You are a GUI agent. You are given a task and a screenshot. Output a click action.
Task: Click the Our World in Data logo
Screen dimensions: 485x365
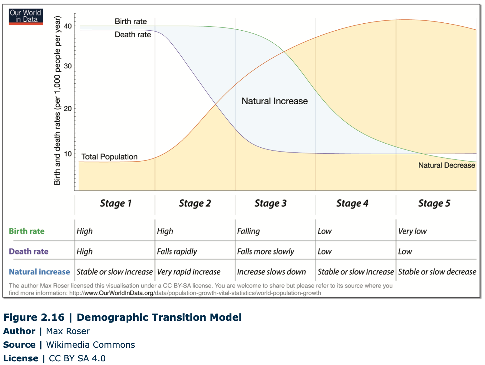pyautogui.click(x=26, y=17)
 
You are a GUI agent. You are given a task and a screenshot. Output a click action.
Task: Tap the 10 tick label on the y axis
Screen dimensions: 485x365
pyautogui.click(x=68, y=154)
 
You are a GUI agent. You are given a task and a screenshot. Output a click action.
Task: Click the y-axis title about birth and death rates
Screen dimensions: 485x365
pyautogui.click(x=57, y=100)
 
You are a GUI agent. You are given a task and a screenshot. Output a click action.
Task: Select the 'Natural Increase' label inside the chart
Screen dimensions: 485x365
pyautogui.click(x=274, y=101)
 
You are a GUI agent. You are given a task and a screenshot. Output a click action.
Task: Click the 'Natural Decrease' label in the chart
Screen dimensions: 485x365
pyautogui.click(x=447, y=165)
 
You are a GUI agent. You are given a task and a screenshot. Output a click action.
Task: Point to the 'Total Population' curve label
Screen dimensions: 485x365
pyautogui.click(x=109, y=157)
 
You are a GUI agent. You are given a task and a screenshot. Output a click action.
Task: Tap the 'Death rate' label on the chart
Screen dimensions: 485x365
pyautogui.click(x=133, y=35)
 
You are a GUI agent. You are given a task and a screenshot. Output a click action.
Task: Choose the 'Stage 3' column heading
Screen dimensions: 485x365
pyautogui.click(x=270, y=203)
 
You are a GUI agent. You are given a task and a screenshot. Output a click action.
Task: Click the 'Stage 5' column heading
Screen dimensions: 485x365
pyautogui.click(x=434, y=203)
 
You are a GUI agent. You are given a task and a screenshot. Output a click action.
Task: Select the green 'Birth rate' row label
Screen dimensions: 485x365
pyautogui.click(x=27, y=231)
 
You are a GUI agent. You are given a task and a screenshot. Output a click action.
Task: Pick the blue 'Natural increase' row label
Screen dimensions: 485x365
pyautogui.click(x=39, y=272)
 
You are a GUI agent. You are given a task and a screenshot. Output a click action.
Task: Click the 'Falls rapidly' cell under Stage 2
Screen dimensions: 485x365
pyautogui.click(x=177, y=252)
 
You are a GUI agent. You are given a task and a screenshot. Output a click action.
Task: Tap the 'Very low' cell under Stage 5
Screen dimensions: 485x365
pyautogui.click(x=412, y=231)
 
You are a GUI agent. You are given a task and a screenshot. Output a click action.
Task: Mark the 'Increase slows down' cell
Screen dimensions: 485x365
pyautogui.click(x=271, y=272)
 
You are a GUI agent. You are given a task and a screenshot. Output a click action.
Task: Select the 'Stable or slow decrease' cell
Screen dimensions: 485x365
pyautogui.click(x=437, y=272)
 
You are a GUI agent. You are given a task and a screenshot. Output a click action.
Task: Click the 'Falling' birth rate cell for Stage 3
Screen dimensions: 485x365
pyautogui.click(x=248, y=231)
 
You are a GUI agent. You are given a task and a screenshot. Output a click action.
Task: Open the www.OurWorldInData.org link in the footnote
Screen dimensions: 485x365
pyautogui.click(x=119, y=293)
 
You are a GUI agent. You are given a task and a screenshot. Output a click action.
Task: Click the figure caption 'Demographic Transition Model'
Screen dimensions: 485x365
pyautogui.click(x=159, y=317)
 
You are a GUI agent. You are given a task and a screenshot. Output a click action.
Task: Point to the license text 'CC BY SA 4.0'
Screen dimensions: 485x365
pyautogui.click(x=77, y=358)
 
